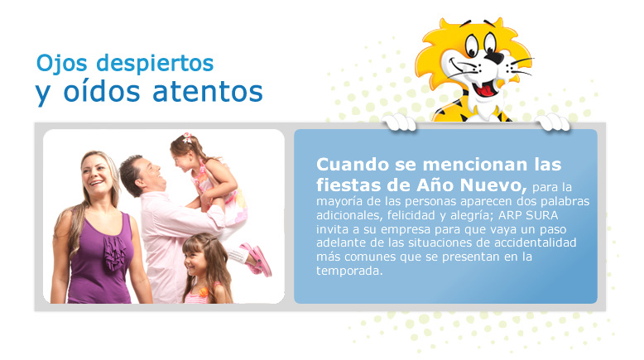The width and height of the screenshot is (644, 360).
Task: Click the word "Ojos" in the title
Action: [x=61, y=64]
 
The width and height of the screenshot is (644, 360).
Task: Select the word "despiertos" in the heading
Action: [x=155, y=63]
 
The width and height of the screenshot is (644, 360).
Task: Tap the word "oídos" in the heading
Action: [x=102, y=91]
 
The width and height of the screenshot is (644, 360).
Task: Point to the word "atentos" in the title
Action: [x=208, y=91]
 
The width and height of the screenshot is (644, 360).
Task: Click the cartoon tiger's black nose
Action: [x=494, y=58]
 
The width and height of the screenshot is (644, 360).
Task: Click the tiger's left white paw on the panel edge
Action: [x=399, y=122]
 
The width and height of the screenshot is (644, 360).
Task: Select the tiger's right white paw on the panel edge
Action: [x=553, y=122]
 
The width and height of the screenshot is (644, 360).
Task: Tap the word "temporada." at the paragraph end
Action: [x=349, y=271]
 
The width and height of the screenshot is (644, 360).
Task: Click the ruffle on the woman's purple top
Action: [x=114, y=252]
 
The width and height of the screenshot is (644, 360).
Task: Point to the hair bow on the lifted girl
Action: [x=187, y=137]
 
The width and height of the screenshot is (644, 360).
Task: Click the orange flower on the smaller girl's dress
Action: [x=204, y=292]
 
